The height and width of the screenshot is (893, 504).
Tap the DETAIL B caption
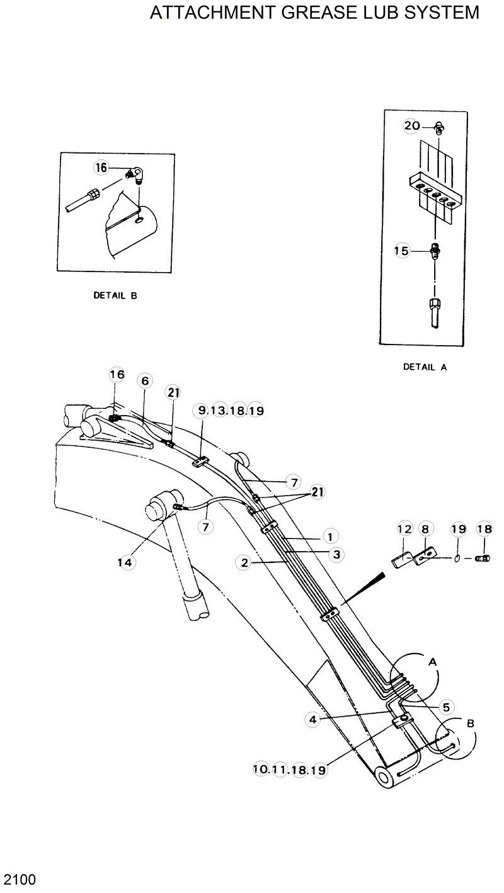tap(115, 294)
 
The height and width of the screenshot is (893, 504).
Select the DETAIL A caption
tap(425, 367)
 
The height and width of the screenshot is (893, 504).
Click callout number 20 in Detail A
tap(412, 126)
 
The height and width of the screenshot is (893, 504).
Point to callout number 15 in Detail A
tap(401, 251)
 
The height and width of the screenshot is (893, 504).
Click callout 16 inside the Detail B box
tap(101, 168)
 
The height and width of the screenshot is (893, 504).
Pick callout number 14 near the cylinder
tap(126, 562)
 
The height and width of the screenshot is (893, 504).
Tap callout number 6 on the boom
tap(145, 381)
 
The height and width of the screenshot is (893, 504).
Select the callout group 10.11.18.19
tap(290, 769)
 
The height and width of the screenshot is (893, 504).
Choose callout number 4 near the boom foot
tap(313, 719)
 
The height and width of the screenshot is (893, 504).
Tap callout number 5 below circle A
tap(445, 707)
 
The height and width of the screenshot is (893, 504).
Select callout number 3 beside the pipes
tap(338, 554)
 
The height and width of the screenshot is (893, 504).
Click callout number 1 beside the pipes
tap(328, 536)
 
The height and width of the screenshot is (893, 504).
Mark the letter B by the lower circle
tap(470, 724)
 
